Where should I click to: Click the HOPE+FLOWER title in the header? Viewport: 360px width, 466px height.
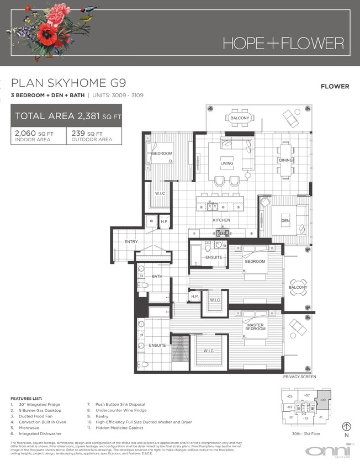pos(283,43)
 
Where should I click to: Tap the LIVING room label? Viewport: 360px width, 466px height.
pos(227,164)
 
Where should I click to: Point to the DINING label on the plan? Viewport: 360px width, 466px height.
pos(285,161)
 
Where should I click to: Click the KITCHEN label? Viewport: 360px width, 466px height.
pos(221,220)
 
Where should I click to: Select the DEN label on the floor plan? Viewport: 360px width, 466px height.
pos(285,221)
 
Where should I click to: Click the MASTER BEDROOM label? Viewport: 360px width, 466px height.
pos(255,328)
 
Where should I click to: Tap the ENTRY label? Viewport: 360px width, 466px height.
pos(131,242)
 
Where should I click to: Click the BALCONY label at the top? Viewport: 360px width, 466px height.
pos(240,119)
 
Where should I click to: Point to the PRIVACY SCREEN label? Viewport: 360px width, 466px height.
pos(299,377)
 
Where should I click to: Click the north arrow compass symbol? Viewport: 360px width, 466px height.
pos(347,427)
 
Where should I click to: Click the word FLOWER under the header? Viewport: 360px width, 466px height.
pos(335,86)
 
